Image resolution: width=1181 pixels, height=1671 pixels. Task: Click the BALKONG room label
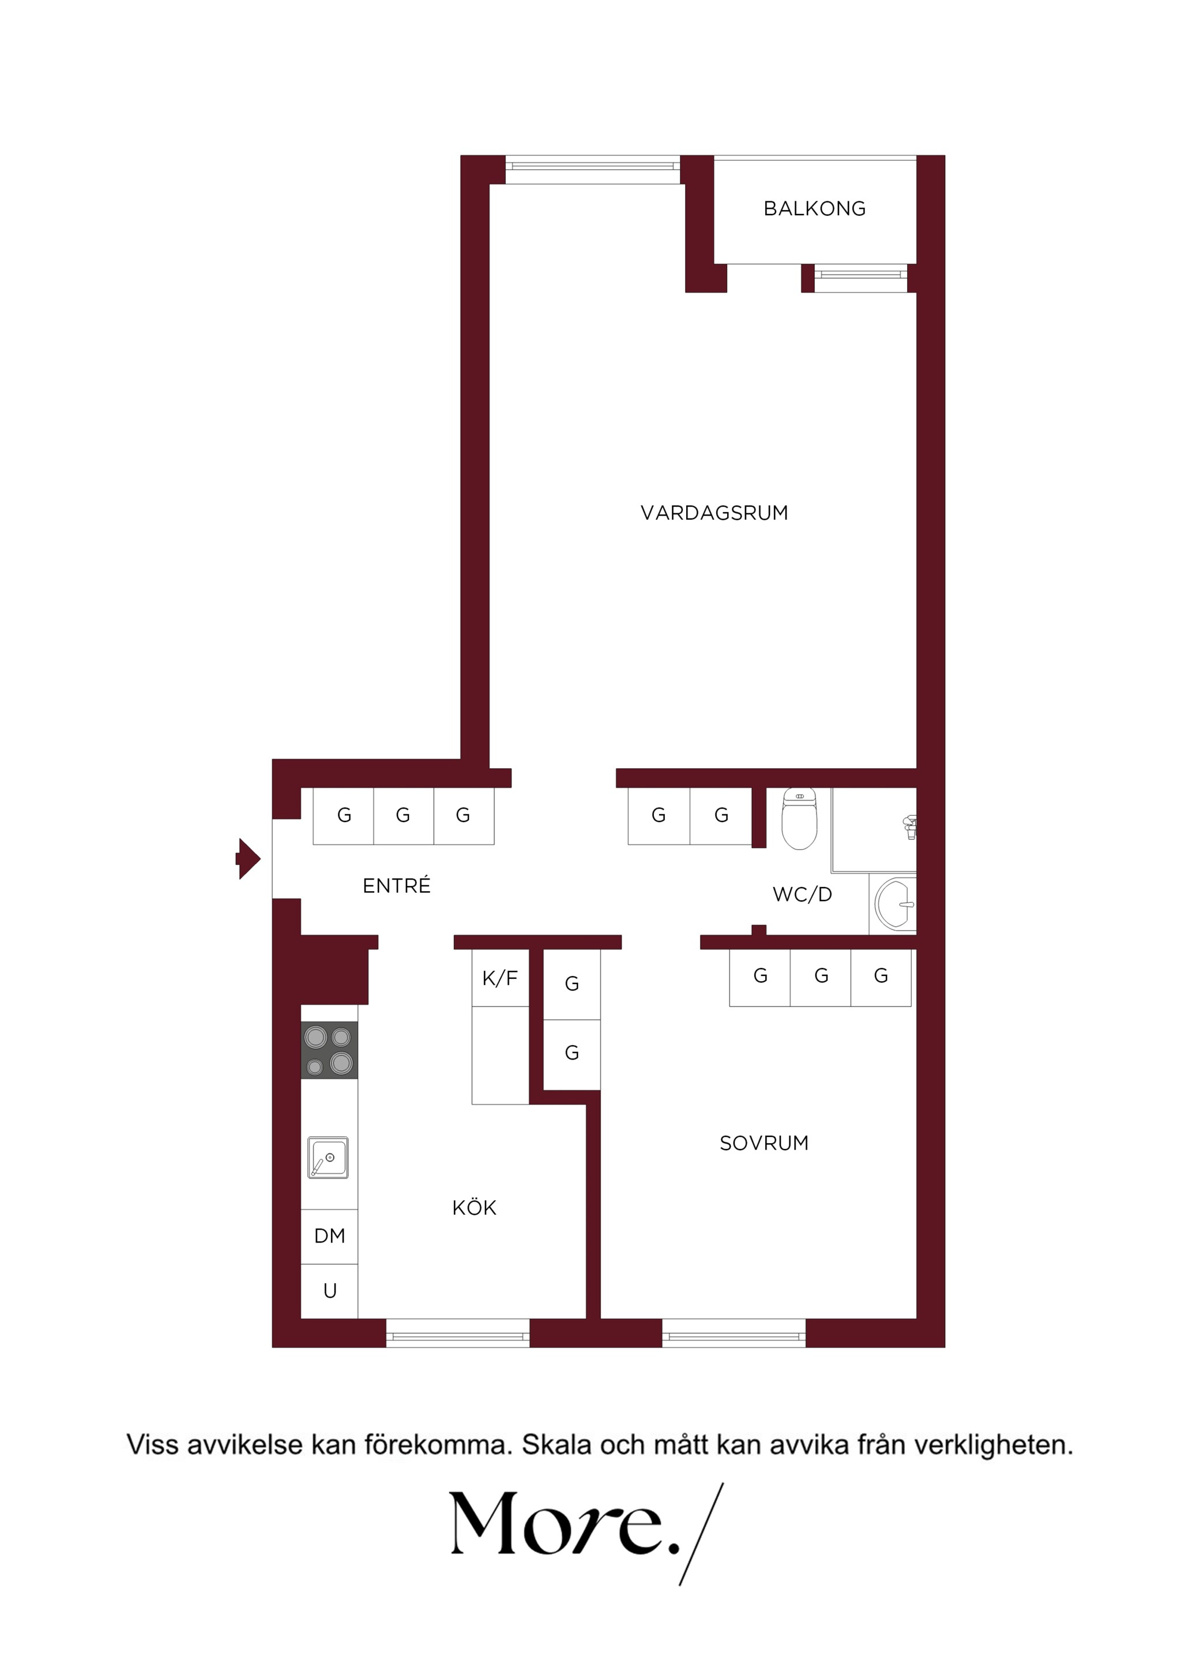coord(814,209)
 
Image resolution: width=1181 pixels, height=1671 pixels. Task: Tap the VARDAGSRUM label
coord(714,513)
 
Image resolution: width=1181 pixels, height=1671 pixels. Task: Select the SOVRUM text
coord(764,1143)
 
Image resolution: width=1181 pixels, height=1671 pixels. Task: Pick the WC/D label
coord(802,895)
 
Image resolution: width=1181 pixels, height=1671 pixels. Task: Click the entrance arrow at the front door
coord(248,859)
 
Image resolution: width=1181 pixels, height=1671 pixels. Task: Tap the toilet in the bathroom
coord(799,818)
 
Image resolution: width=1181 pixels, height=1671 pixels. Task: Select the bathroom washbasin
coord(895,904)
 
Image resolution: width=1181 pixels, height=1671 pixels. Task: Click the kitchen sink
coord(328,1157)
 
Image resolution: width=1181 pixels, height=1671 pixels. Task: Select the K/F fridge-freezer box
coord(500,978)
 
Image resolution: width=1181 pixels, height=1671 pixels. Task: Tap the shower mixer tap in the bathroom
coord(909,828)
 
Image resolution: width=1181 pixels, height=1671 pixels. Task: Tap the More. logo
coord(586,1535)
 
